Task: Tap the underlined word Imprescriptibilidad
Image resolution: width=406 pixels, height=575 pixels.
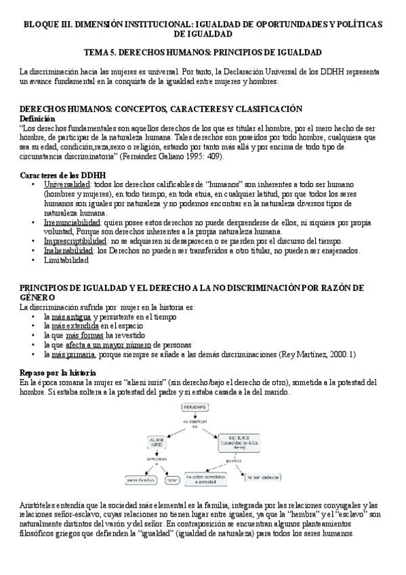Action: (75, 241)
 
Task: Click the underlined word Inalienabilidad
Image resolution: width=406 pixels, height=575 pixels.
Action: (69, 251)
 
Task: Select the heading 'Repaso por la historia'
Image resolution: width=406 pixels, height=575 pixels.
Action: (58, 374)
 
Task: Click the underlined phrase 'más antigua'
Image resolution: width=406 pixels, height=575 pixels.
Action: (72, 317)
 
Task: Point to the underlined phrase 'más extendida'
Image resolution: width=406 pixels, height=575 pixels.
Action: (75, 326)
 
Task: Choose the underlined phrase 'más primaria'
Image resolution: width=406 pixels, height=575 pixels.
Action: (73, 355)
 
